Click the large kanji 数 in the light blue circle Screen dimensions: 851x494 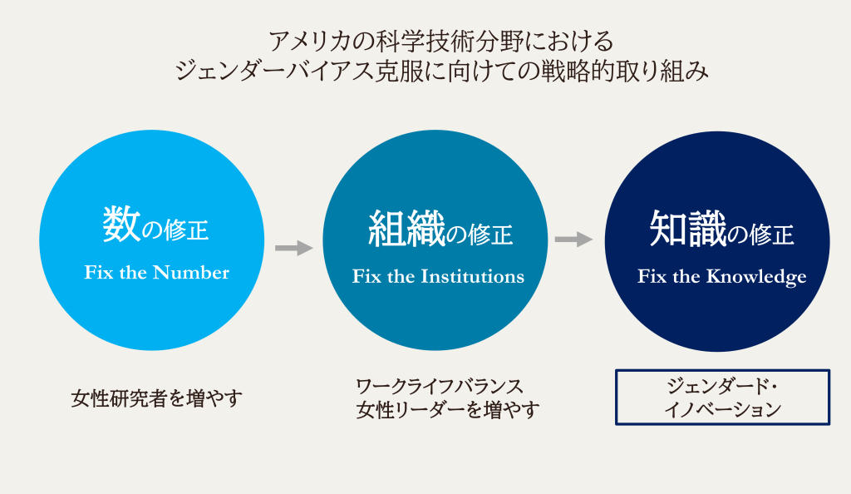tap(121, 225)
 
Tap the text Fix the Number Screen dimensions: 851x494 tap(157, 272)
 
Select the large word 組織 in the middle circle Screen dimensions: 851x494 tap(406, 229)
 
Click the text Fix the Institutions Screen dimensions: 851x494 tap(438, 276)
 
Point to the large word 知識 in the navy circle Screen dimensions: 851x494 tap(688, 229)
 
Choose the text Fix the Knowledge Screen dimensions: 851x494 tap(722, 276)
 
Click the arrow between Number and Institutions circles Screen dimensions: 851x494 tap(293, 248)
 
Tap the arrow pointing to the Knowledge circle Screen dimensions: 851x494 tap(573, 239)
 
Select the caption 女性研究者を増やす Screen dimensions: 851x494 tap(157, 398)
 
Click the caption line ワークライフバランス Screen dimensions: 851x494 tap(440, 387)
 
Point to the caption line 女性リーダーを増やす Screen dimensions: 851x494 tap(448, 410)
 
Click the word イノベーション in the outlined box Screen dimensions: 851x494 tap(722, 409)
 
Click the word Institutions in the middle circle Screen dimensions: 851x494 tap(473, 276)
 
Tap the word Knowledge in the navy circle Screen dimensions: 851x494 tap(756, 277)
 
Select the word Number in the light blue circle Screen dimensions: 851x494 tap(191, 272)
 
